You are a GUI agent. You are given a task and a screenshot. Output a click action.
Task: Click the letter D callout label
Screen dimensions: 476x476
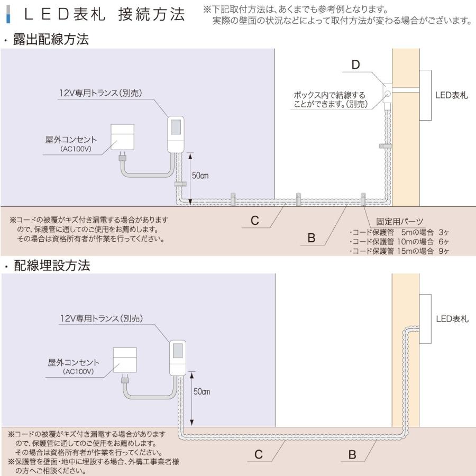pyautogui.click(x=355, y=65)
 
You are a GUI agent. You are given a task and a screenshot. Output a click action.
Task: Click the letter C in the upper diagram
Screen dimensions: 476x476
pyautogui.click(x=255, y=221)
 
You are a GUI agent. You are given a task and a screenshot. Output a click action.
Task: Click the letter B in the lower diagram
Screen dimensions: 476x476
pyautogui.click(x=352, y=454)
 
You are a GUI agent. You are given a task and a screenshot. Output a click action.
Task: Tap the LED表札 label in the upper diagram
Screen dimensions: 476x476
pyautogui.click(x=452, y=96)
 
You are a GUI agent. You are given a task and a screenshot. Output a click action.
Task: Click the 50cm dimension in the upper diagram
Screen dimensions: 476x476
pyautogui.click(x=200, y=176)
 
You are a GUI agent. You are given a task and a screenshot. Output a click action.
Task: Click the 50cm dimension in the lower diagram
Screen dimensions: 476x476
pyautogui.click(x=202, y=392)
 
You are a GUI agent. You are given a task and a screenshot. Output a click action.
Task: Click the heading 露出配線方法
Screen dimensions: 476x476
pyautogui.click(x=51, y=40)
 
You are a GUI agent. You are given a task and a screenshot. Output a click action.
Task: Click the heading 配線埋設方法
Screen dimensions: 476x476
pyautogui.click(x=52, y=266)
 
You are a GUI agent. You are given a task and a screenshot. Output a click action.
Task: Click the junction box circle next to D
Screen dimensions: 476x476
pyautogui.click(x=387, y=94)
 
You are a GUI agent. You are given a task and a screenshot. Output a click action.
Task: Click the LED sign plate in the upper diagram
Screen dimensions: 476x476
pyautogui.click(x=426, y=95)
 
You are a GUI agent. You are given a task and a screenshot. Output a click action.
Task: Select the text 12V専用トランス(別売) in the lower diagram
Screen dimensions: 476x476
pyautogui.click(x=102, y=318)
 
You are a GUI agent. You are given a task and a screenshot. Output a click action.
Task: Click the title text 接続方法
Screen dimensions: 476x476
pyautogui.click(x=152, y=14)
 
